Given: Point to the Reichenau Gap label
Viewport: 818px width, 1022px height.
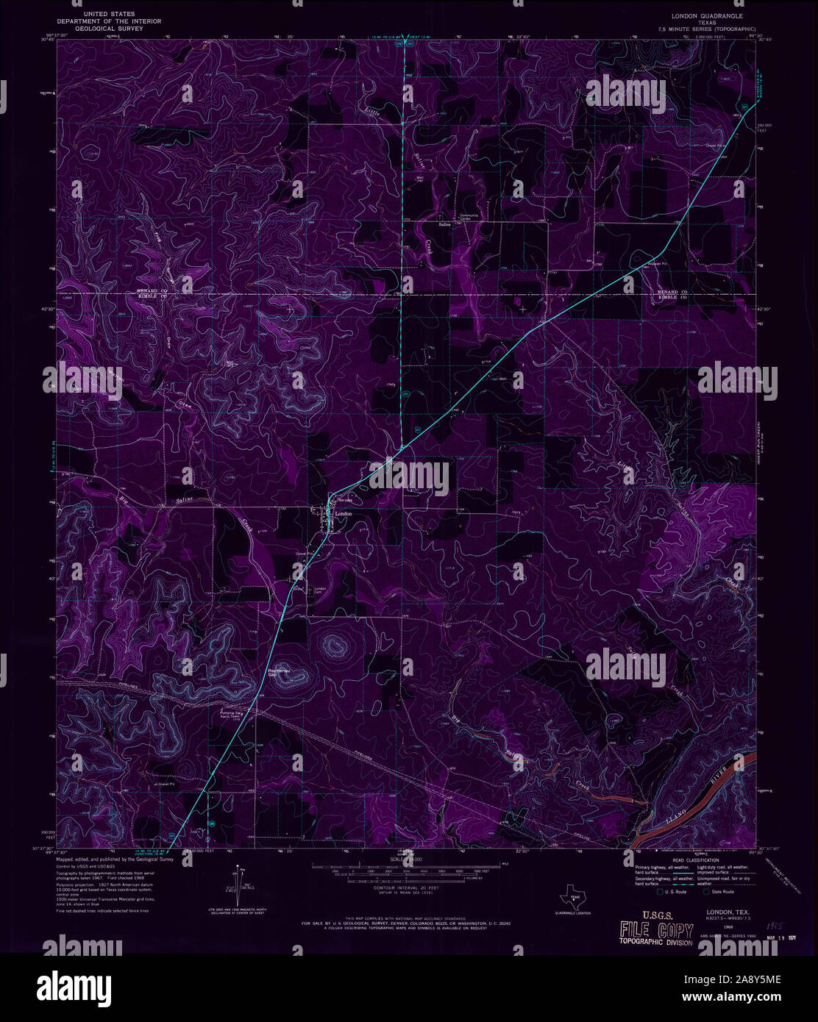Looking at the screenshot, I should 278,673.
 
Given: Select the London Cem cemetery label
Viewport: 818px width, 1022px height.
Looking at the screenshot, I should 320,591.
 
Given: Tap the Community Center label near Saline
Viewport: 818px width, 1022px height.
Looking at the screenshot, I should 469,216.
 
